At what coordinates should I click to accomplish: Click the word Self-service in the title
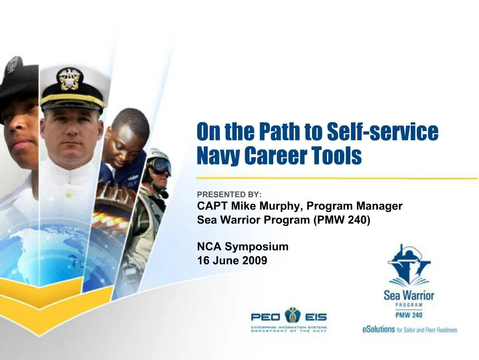(382, 132)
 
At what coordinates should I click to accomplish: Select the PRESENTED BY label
(229, 195)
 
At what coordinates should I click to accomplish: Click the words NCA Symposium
(243, 247)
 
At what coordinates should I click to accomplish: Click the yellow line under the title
(337, 178)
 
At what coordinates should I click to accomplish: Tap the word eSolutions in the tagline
(378, 329)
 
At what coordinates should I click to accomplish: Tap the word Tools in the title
(339, 156)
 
